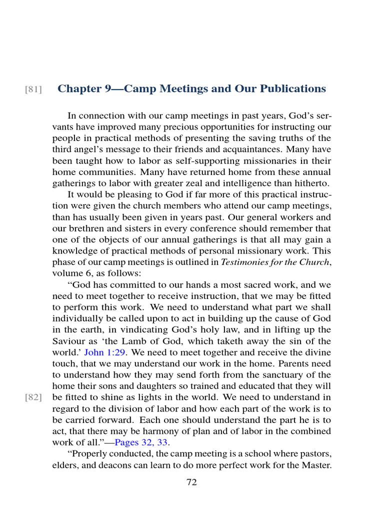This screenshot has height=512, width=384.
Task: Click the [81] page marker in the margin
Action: (x=33, y=89)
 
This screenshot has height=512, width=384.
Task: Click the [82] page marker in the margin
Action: (x=33, y=398)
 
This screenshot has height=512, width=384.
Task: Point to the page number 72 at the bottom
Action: (x=191, y=482)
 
